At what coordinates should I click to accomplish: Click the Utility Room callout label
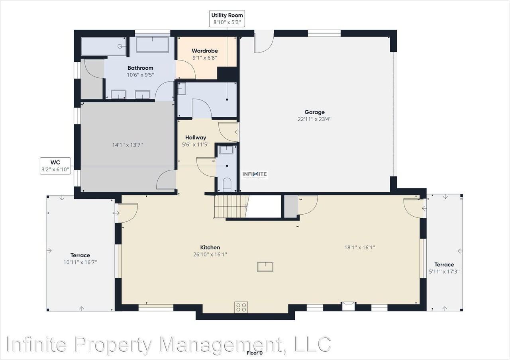227,19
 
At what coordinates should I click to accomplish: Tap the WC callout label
55,166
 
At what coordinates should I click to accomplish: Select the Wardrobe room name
205,51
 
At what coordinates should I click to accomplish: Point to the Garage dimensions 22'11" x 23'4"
314,119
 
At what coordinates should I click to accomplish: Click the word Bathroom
140,68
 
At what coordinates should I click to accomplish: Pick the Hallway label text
196,137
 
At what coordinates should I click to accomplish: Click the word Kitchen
210,247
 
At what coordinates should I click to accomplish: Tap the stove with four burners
241,307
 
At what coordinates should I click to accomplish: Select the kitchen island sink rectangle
265,267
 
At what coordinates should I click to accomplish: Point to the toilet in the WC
227,184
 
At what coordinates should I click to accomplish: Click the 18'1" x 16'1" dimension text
359,247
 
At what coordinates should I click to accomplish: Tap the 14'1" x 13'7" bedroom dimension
127,145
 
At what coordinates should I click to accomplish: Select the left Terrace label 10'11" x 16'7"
80,259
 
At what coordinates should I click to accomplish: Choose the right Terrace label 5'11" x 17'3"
444,268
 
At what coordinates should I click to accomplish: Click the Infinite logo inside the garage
255,175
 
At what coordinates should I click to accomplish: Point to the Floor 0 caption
255,353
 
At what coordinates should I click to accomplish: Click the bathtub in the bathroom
152,45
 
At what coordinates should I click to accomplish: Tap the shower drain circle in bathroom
120,47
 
